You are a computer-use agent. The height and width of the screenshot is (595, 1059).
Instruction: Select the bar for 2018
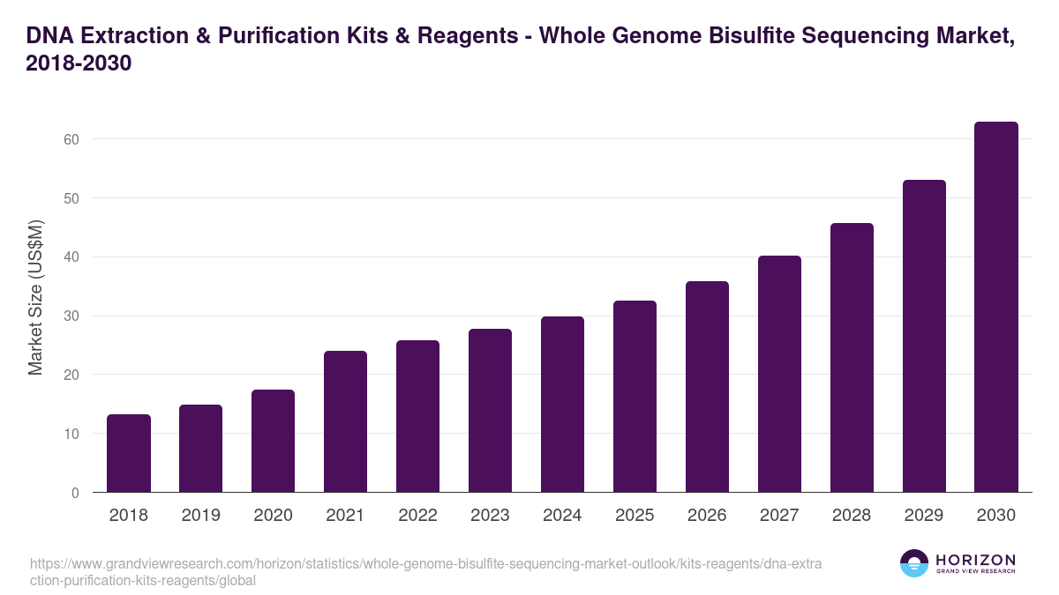tap(129, 453)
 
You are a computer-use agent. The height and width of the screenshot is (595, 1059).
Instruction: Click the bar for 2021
tap(345, 421)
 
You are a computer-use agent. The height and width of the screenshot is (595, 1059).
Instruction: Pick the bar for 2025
tap(635, 397)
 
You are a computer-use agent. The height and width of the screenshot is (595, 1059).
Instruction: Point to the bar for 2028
tap(852, 358)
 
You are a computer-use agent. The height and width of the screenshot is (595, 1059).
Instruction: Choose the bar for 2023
tap(490, 411)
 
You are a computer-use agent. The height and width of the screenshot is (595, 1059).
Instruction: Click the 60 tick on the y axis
tap(71, 139)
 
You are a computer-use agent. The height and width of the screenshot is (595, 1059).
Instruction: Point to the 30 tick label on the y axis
tap(71, 316)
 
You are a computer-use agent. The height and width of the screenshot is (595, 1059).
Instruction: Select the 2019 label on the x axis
tap(201, 516)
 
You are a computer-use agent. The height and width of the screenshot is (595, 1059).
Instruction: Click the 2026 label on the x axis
tap(707, 516)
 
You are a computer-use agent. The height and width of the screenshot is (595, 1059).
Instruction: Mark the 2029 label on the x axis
tap(924, 516)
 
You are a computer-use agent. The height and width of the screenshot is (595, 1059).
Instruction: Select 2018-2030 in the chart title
tap(79, 63)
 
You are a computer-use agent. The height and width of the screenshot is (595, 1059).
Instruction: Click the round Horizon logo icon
tap(914, 563)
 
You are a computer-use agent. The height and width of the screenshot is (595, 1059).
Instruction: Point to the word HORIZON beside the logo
tap(975, 560)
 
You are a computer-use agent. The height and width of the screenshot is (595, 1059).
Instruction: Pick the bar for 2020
tap(274, 441)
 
